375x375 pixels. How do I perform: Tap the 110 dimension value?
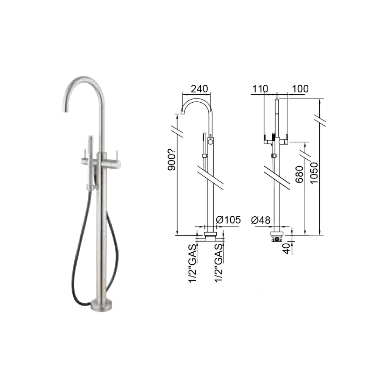[x=260, y=89]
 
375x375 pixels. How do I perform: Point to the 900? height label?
[x=172, y=159]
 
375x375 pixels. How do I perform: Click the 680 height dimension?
[x=299, y=174]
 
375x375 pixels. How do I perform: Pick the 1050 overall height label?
[x=314, y=173]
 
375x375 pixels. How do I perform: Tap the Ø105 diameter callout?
[x=228, y=220]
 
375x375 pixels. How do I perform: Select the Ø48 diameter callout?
[x=261, y=220]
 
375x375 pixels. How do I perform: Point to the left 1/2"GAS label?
[x=193, y=263]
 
